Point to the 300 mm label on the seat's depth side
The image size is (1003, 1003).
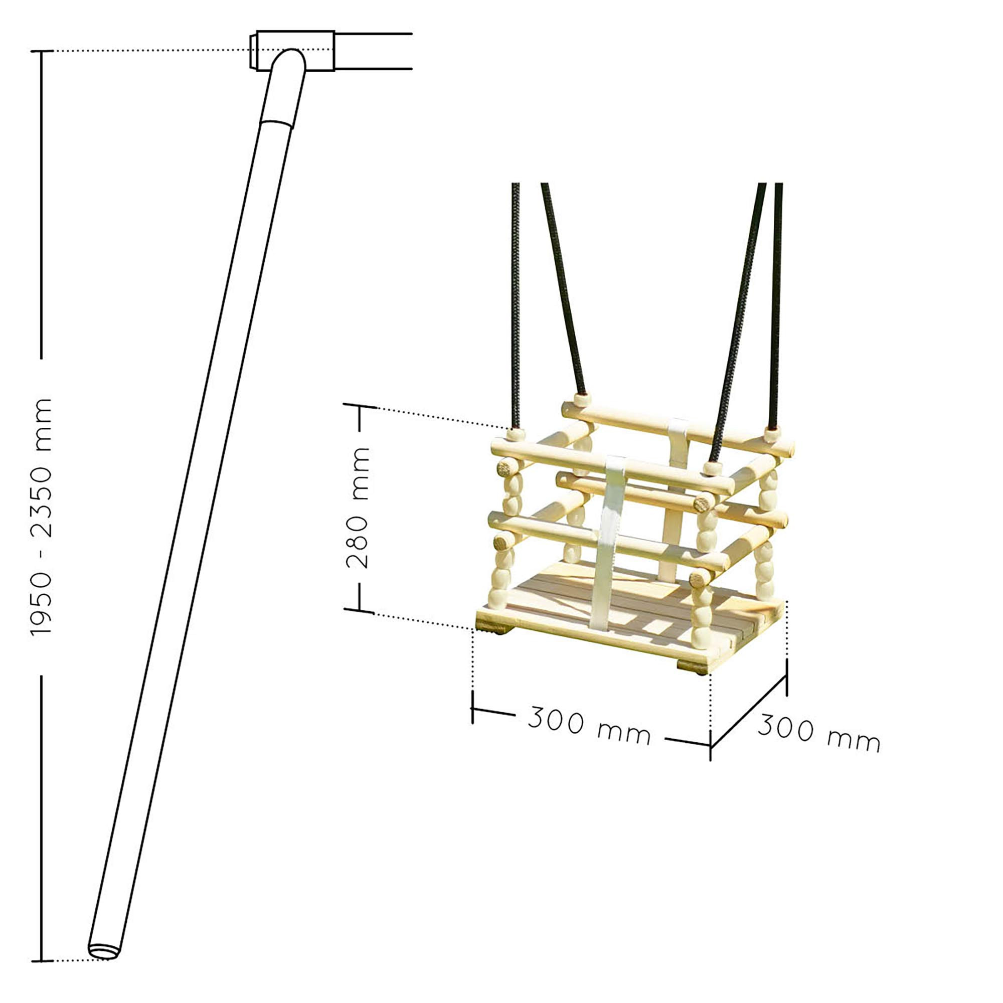click(819, 733)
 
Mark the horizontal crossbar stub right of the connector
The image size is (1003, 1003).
click(373, 51)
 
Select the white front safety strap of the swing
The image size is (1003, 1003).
click(609, 542)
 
